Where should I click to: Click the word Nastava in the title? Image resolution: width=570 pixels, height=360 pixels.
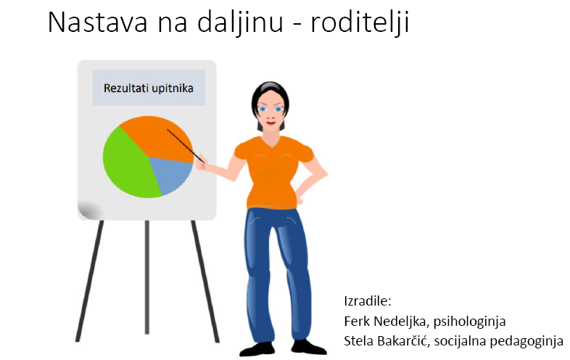(98, 22)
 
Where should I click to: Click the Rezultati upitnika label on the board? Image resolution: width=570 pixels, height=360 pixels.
(149, 88)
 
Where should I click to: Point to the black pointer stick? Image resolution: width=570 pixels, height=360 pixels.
(186, 145)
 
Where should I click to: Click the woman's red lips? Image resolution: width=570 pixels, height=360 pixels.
(270, 123)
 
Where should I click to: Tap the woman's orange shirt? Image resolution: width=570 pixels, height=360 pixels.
(273, 172)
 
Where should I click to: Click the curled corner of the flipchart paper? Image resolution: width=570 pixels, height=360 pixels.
(90, 210)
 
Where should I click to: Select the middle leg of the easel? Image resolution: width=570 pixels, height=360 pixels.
(147, 277)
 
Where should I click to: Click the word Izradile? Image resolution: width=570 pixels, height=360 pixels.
(367, 301)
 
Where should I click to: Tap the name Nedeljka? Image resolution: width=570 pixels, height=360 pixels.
(400, 322)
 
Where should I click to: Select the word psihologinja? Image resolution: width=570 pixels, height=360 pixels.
(469, 322)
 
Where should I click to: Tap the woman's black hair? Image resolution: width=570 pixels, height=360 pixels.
(270, 97)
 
